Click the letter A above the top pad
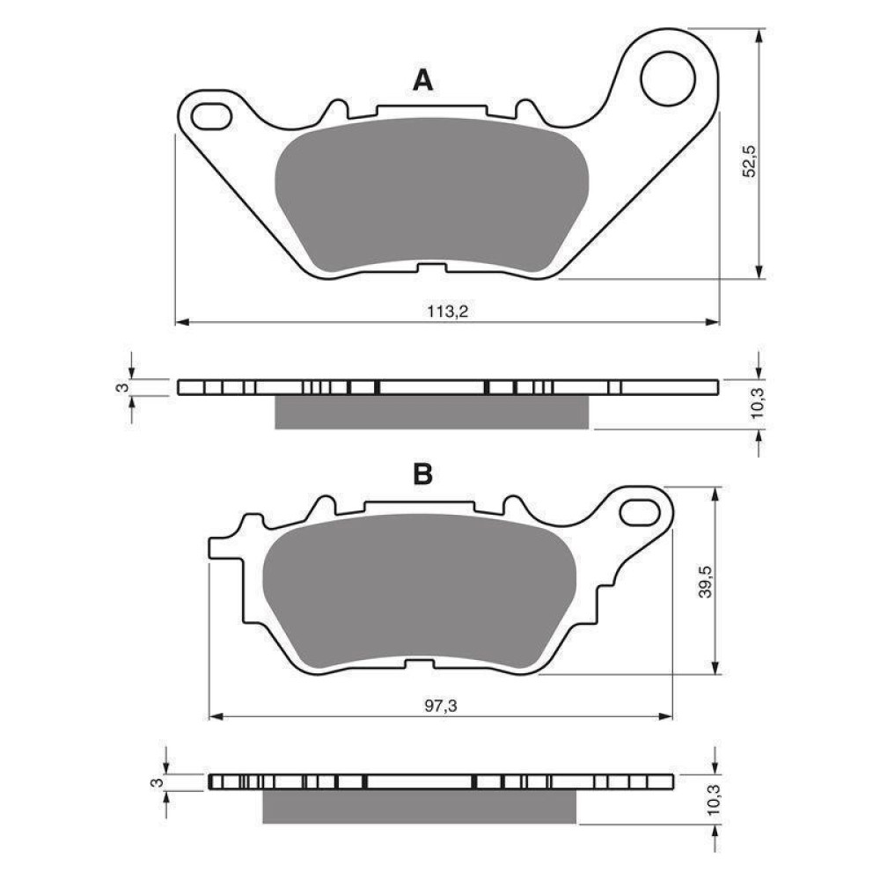coord(423,81)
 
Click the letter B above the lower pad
coord(423,474)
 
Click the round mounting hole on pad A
coord(667,78)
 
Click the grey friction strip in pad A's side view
coord(431,412)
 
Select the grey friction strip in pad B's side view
coord(419,806)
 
